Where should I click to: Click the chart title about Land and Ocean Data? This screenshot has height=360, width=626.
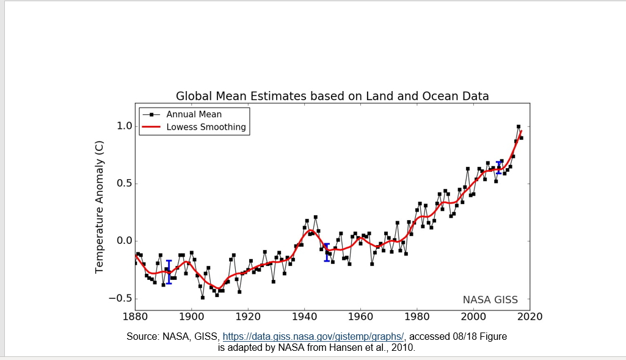pyautogui.click(x=332, y=96)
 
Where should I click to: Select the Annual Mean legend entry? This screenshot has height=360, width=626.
pyautogui.click(x=194, y=114)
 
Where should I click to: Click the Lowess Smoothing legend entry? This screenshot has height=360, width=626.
pyautogui.click(x=206, y=127)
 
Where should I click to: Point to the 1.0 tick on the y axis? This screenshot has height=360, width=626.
pyautogui.click(x=124, y=127)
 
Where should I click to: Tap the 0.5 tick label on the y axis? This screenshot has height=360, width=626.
pyautogui.click(x=124, y=184)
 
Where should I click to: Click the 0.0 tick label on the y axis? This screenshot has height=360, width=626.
pyautogui.click(x=124, y=241)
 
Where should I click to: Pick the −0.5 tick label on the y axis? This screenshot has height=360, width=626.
pyautogui.click(x=120, y=298)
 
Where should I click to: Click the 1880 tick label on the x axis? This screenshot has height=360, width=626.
pyautogui.click(x=135, y=316)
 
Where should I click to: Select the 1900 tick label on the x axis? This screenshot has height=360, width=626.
pyautogui.click(x=191, y=316)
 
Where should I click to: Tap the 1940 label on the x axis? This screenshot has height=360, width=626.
pyautogui.click(x=304, y=316)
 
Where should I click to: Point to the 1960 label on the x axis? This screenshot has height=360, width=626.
pyautogui.click(x=360, y=316)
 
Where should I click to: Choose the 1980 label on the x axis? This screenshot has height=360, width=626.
pyautogui.click(x=417, y=316)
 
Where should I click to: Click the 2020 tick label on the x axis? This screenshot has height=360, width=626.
pyautogui.click(x=530, y=316)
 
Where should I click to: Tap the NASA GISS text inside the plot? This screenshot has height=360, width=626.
pyautogui.click(x=490, y=300)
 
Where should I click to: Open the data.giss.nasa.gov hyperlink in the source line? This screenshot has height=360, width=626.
pyautogui.click(x=313, y=337)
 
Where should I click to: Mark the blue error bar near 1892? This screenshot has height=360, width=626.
pyautogui.click(x=169, y=272)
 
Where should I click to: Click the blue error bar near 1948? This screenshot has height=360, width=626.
pyautogui.click(x=327, y=252)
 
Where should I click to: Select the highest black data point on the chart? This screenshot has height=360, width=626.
pyautogui.click(x=519, y=127)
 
